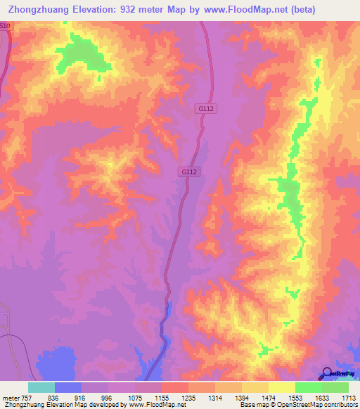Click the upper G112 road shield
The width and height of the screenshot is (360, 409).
coord(205,108)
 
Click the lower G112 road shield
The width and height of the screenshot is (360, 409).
coord(188,171)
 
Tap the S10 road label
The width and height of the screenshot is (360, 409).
coord(6,26)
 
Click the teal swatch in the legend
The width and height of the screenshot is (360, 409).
coord(41,387)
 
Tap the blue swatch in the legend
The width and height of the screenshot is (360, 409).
coord(68,387)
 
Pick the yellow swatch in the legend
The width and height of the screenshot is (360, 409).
coord(282,387)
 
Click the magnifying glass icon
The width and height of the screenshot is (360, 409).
coord(327,373)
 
